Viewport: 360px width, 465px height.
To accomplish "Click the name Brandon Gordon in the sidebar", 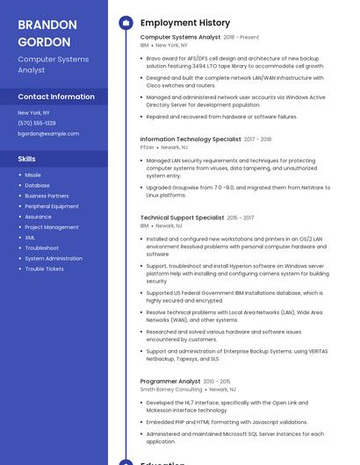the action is pos(47,32).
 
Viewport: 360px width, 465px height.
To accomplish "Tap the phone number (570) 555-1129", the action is pos(37,123).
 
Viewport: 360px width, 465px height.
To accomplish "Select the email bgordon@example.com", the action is pos(48,133).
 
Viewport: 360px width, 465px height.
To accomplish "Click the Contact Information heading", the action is pos(56,97).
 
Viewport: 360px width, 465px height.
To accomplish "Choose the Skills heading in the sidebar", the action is pos(27,159).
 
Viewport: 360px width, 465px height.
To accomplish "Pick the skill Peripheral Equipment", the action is pos(52,206).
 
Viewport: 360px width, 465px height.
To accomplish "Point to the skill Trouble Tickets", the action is pos(44,268).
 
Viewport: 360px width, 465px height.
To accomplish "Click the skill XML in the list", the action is pos(30,237).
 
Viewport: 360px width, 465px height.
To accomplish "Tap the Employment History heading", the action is pos(185,23).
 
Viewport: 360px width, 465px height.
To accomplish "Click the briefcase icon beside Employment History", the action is pos(126,23).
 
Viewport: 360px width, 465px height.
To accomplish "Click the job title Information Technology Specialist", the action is pos(191,139).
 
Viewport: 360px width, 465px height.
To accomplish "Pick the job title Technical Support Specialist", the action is pos(182,218).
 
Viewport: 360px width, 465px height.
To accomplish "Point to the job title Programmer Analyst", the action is pos(170,382).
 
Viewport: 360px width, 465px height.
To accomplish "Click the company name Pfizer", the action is pos(147,147).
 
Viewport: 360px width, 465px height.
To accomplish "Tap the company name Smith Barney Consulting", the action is pos(170,390).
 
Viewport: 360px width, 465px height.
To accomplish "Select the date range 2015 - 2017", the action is pos(241,218).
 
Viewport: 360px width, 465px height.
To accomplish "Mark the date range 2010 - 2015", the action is pos(218,382).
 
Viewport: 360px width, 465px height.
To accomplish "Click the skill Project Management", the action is pos(52,227).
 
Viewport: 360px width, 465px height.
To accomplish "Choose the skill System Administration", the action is pos(54,258).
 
